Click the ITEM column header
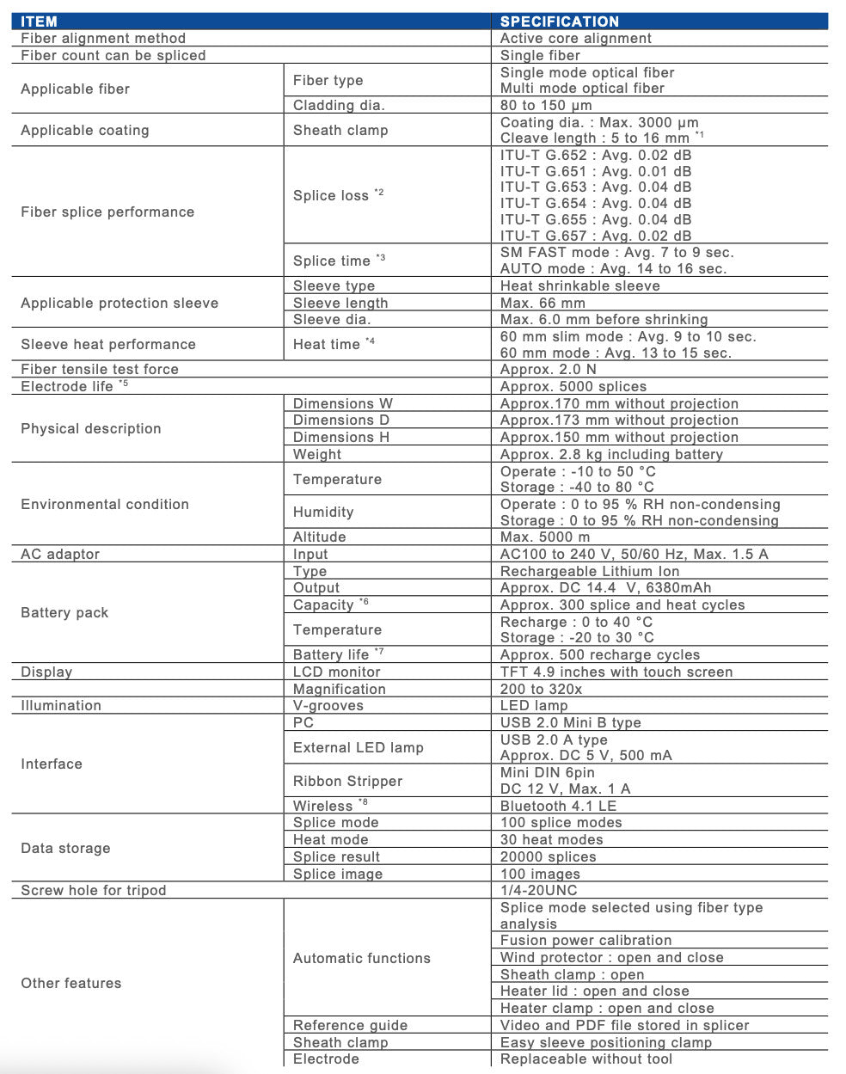[39, 21]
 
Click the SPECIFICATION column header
[559, 21]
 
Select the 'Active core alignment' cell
[575, 38]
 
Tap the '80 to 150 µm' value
[546, 105]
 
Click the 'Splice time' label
[332, 261]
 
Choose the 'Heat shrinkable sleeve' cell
[579, 285]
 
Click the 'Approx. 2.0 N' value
[548, 369]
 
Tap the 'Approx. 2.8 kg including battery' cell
[611, 454]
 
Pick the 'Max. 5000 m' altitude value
[545, 537]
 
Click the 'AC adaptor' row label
[60, 554]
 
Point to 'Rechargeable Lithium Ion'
[589, 571]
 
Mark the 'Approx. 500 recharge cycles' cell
[599, 654]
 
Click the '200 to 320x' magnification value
[541, 689]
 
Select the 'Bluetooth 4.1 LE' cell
[558, 806]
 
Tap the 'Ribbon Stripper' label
[347, 781]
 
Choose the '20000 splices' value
[548, 856]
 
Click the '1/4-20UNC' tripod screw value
[538, 890]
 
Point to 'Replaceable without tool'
[585, 1059]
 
